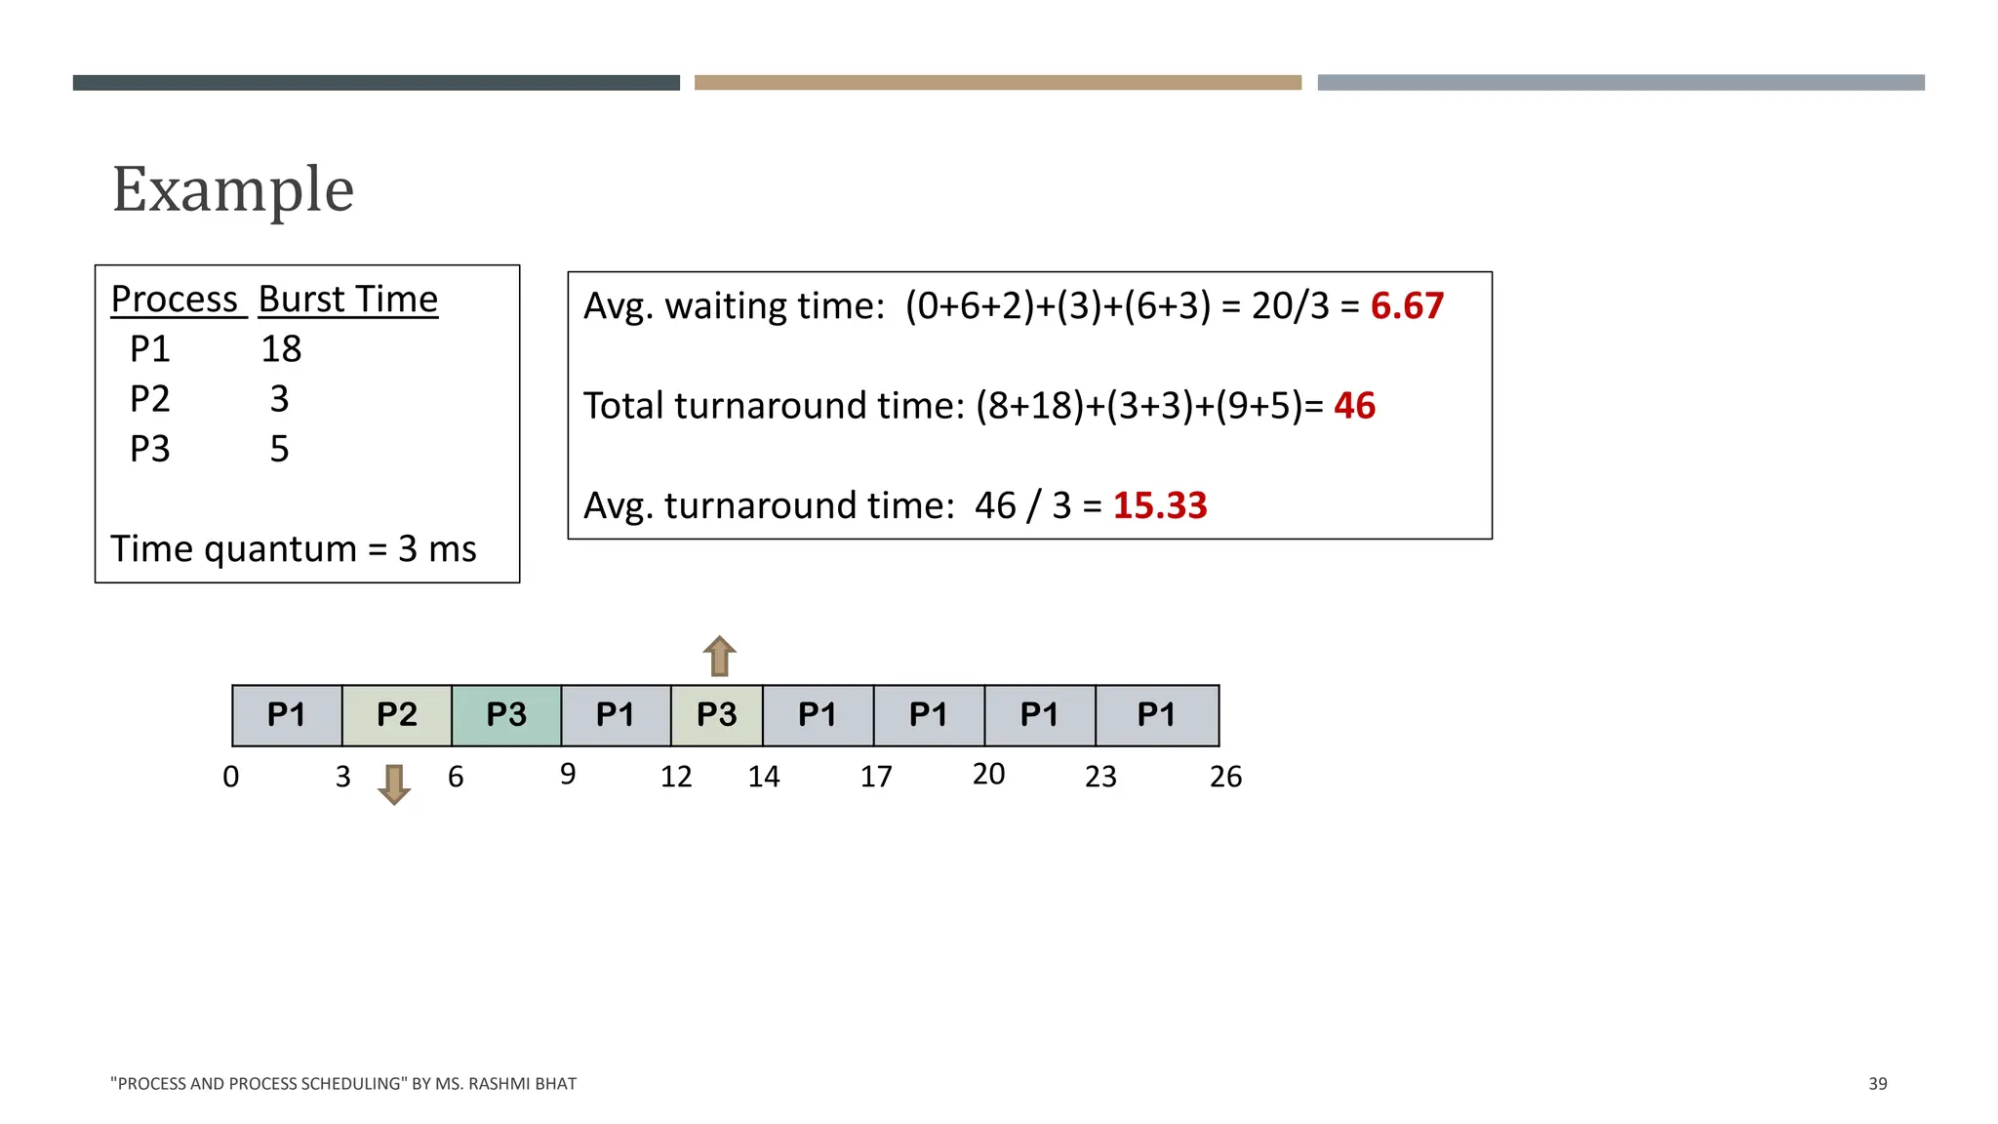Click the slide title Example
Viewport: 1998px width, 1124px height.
pyautogui.click(x=232, y=189)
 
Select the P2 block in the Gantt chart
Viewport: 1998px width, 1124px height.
pyautogui.click(x=397, y=715)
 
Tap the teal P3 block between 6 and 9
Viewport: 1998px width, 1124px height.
pyautogui.click(x=506, y=715)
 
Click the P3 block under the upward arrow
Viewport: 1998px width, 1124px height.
pyautogui.click(x=717, y=715)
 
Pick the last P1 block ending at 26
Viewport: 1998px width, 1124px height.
pyautogui.click(x=1157, y=715)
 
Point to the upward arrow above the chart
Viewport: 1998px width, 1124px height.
pyautogui.click(x=720, y=656)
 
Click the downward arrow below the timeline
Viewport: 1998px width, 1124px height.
pyautogui.click(x=394, y=783)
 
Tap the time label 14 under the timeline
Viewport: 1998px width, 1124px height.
pyautogui.click(x=764, y=777)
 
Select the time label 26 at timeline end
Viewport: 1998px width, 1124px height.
pyautogui.click(x=1225, y=777)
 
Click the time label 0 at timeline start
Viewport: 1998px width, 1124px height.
pyautogui.click(x=231, y=777)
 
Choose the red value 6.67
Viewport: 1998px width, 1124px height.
pyautogui.click(x=1406, y=306)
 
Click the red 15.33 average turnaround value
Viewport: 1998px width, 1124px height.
pyautogui.click(x=1159, y=505)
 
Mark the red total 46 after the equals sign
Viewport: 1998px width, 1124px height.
pyautogui.click(x=1354, y=406)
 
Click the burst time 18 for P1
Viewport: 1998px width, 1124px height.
pyautogui.click(x=281, y=349)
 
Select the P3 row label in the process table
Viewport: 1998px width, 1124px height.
pyautogui.click(x=150, y=449)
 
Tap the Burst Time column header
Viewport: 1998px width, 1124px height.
pyautogui.click(x=348, y=300)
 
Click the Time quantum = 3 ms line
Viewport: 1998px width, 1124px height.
pyautogui.click(x=294, y=549)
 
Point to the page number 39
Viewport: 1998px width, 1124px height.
pyautogui.click(x=1877, y=1084)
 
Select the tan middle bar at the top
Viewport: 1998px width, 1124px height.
pyautogui.click(x=997, y=83)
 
